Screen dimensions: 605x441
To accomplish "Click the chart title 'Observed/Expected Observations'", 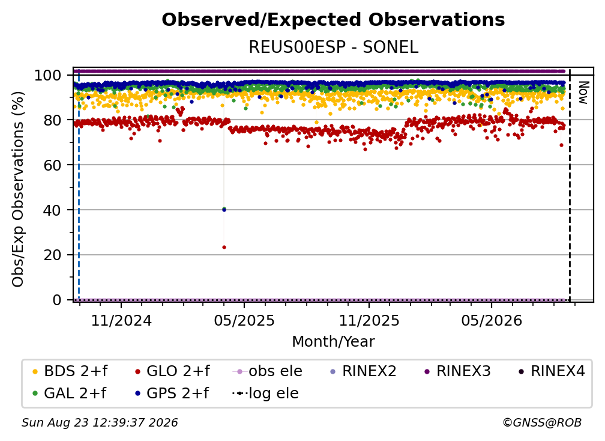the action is tap(333, 20).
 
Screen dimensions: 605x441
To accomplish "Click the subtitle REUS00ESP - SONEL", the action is tap(333, 47).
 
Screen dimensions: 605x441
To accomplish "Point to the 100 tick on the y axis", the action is tap(47, 75).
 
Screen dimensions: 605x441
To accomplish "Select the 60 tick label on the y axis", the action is tap(52, 165).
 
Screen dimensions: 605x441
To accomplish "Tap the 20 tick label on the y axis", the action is tap(52, 255).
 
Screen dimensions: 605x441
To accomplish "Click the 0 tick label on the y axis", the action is tap(56, 300).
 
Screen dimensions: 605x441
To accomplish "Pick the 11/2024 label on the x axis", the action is tap(121, 320).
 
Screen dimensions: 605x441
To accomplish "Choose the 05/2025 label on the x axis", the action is tap(244, 320).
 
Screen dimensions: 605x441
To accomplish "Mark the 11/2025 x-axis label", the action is tap(369, 320).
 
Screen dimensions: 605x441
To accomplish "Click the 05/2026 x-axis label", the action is tap(491, 320).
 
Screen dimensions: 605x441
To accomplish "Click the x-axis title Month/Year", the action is tap(333, 341).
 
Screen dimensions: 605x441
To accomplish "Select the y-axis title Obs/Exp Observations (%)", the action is tap(18, 189).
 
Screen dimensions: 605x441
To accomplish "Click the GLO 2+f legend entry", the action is tap(172, 371).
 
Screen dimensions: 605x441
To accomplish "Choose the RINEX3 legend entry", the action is tap(457, 371).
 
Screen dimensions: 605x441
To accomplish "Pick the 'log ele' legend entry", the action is tap(265, 393).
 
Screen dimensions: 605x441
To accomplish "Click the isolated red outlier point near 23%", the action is tap(224, 247).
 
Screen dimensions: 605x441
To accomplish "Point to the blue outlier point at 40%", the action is tap(224, 210).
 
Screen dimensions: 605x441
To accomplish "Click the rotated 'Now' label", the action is tap(583, 93).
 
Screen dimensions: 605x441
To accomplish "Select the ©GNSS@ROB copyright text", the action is tap(542, 422).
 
